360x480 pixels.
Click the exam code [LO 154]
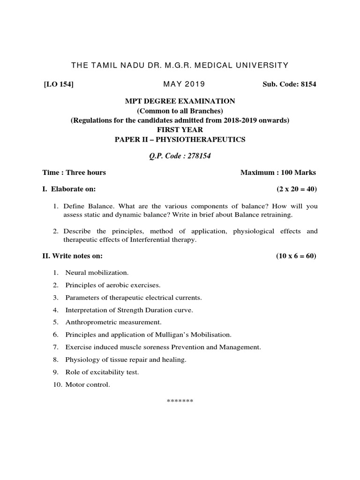58,84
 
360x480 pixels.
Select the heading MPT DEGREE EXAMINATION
180,101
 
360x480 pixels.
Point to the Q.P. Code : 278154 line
180,156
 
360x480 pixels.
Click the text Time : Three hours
74,172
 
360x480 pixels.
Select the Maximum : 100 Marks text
278,172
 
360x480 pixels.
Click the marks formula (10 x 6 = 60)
296,256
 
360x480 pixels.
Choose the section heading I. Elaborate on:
69,189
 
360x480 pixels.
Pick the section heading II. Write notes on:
72,256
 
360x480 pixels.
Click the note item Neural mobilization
97,272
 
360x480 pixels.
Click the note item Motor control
88,385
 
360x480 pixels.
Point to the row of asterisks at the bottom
180,402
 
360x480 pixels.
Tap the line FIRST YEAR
180,130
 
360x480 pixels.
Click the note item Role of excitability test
102,372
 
